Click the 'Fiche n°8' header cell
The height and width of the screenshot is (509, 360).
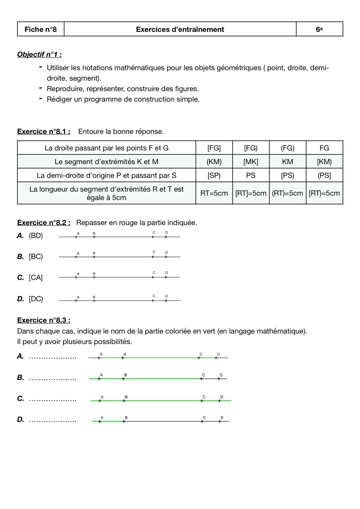coord(40,29)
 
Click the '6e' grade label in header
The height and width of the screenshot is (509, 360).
coord(319,29)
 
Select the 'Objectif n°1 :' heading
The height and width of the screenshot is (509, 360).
coord(40,54)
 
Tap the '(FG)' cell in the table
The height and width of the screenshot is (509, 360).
coord(287,148)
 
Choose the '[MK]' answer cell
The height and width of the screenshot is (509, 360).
coord(251,162)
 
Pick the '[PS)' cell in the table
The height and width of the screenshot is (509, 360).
coord(287,175)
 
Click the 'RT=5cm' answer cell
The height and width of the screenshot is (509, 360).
coord(214,193)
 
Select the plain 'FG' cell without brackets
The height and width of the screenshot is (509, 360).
coord(324,148)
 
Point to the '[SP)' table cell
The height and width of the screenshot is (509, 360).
coord(214,175)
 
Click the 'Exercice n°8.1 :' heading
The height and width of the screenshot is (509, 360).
coord(44,131)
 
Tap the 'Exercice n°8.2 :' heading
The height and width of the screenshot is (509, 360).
coord(44,223)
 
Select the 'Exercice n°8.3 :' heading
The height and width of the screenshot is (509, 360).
coord(44,320)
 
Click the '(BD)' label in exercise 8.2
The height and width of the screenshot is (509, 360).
coord(36,236)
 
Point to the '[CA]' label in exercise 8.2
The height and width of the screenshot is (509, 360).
coord(36,277)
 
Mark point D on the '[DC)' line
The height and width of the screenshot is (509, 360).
coord(166,300)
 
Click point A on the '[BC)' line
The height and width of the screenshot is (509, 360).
coord(76,257)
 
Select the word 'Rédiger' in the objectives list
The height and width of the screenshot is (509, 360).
coord(59,99)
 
